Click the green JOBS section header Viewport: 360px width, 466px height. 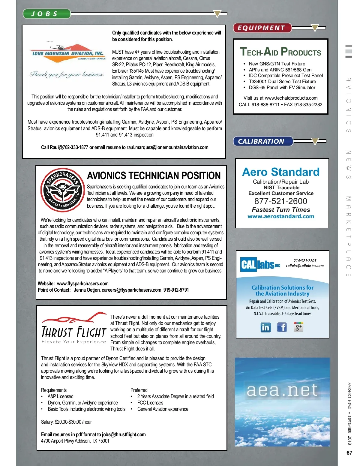(46, 14)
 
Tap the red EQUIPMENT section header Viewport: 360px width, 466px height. (262, 28)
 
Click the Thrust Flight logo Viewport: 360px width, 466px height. (74, 328)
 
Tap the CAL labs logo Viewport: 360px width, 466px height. (260, 264)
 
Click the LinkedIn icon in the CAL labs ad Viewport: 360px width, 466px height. (265, 327)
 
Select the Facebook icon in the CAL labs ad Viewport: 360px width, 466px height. (282, 327)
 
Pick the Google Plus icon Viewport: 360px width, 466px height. (298, 327)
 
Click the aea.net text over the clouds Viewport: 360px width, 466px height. (282, 390)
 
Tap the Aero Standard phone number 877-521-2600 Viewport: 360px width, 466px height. (281, 201)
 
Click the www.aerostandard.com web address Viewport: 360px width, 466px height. (281, 216)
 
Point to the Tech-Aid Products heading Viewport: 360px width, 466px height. (280, 52)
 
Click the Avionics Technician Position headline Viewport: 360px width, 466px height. (154, 176)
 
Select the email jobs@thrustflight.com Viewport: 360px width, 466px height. (124, 434)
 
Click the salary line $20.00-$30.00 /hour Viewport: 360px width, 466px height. (66, 422)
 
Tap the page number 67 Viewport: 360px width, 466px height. (349, 453)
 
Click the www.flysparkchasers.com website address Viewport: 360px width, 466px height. (82, 284)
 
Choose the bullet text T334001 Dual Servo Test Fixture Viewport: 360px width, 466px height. (282, 82)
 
